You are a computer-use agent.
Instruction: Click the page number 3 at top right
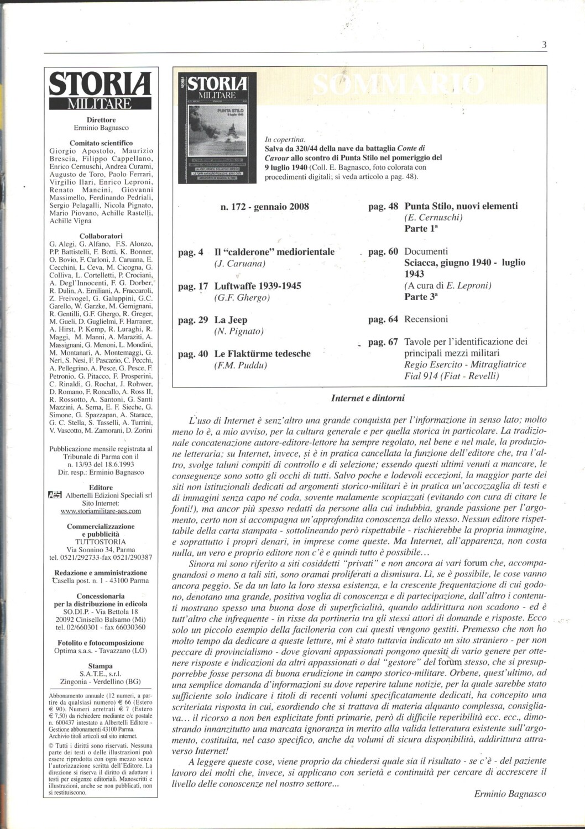[x=544, y=45]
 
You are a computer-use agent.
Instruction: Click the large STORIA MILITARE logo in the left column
[x=101, y=91]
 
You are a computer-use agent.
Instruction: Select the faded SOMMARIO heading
[x=398, y=85]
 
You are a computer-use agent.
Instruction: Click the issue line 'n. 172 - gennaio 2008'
[x=264, y=207]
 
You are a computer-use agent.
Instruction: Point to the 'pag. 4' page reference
[x=191, y=252]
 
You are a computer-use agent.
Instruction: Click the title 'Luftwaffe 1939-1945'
[x=258, y=286]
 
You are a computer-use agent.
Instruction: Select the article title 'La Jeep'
[x=231, y=319]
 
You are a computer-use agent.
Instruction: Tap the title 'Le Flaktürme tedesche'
[x=262, y=353]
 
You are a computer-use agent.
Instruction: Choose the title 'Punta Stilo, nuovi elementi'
[x=461, y=206]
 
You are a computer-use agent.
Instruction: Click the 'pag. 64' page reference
[x=383, y=319]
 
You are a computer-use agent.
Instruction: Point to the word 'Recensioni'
[x=426, y=319]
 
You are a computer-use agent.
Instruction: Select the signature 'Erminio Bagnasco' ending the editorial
[x=510, y=794]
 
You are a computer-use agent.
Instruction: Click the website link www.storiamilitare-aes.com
[x=101, y=511]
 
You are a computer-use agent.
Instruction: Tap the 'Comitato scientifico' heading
[x=101, y=143]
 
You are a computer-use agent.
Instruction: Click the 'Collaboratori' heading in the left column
[x=101, y=235]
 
